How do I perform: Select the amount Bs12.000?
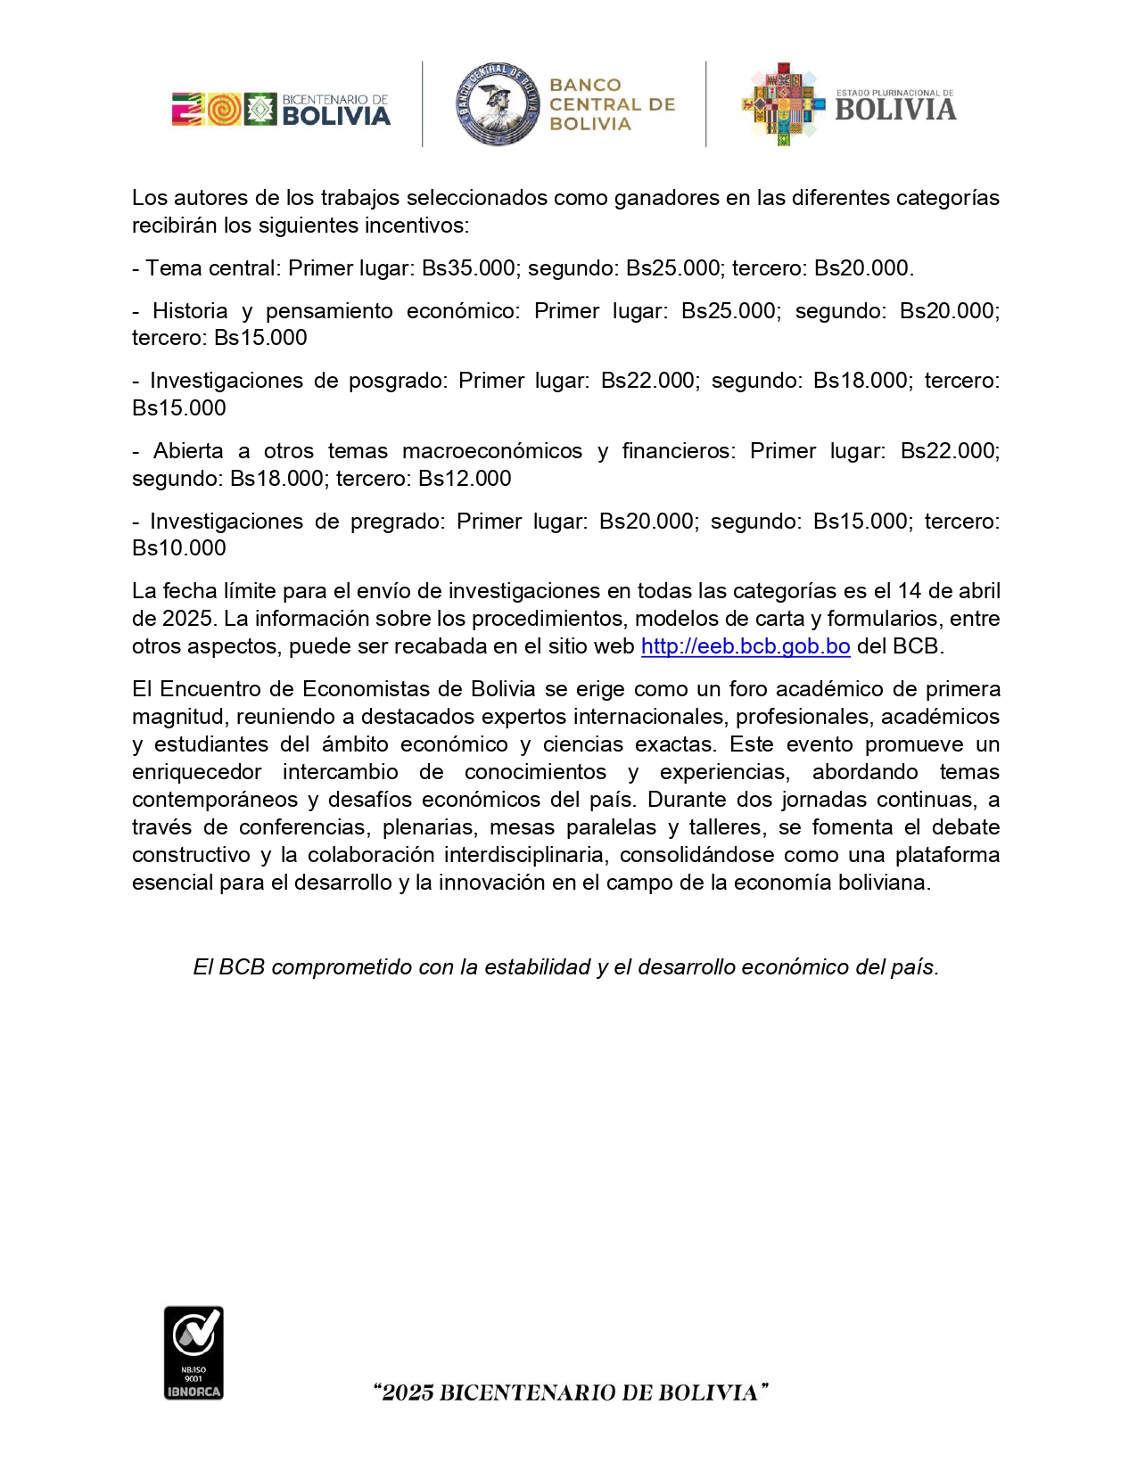click(x=465, y=479)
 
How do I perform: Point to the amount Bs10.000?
click(x=179, y=548)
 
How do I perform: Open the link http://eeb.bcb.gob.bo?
click(x=745, y=646)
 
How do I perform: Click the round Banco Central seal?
click(x=497, y=104)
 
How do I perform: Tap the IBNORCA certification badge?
click(x=194, y=1352)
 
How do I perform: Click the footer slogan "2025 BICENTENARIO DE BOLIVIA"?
click(x=571, y=1393)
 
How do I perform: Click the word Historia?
click(x=190, y=311)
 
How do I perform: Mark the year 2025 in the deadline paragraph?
click(x=186, y=619)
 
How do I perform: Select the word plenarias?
click(x=429, y=827)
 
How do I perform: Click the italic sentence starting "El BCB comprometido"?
click(x=565, y=967)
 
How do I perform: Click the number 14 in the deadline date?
click(x=910, y=591)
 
